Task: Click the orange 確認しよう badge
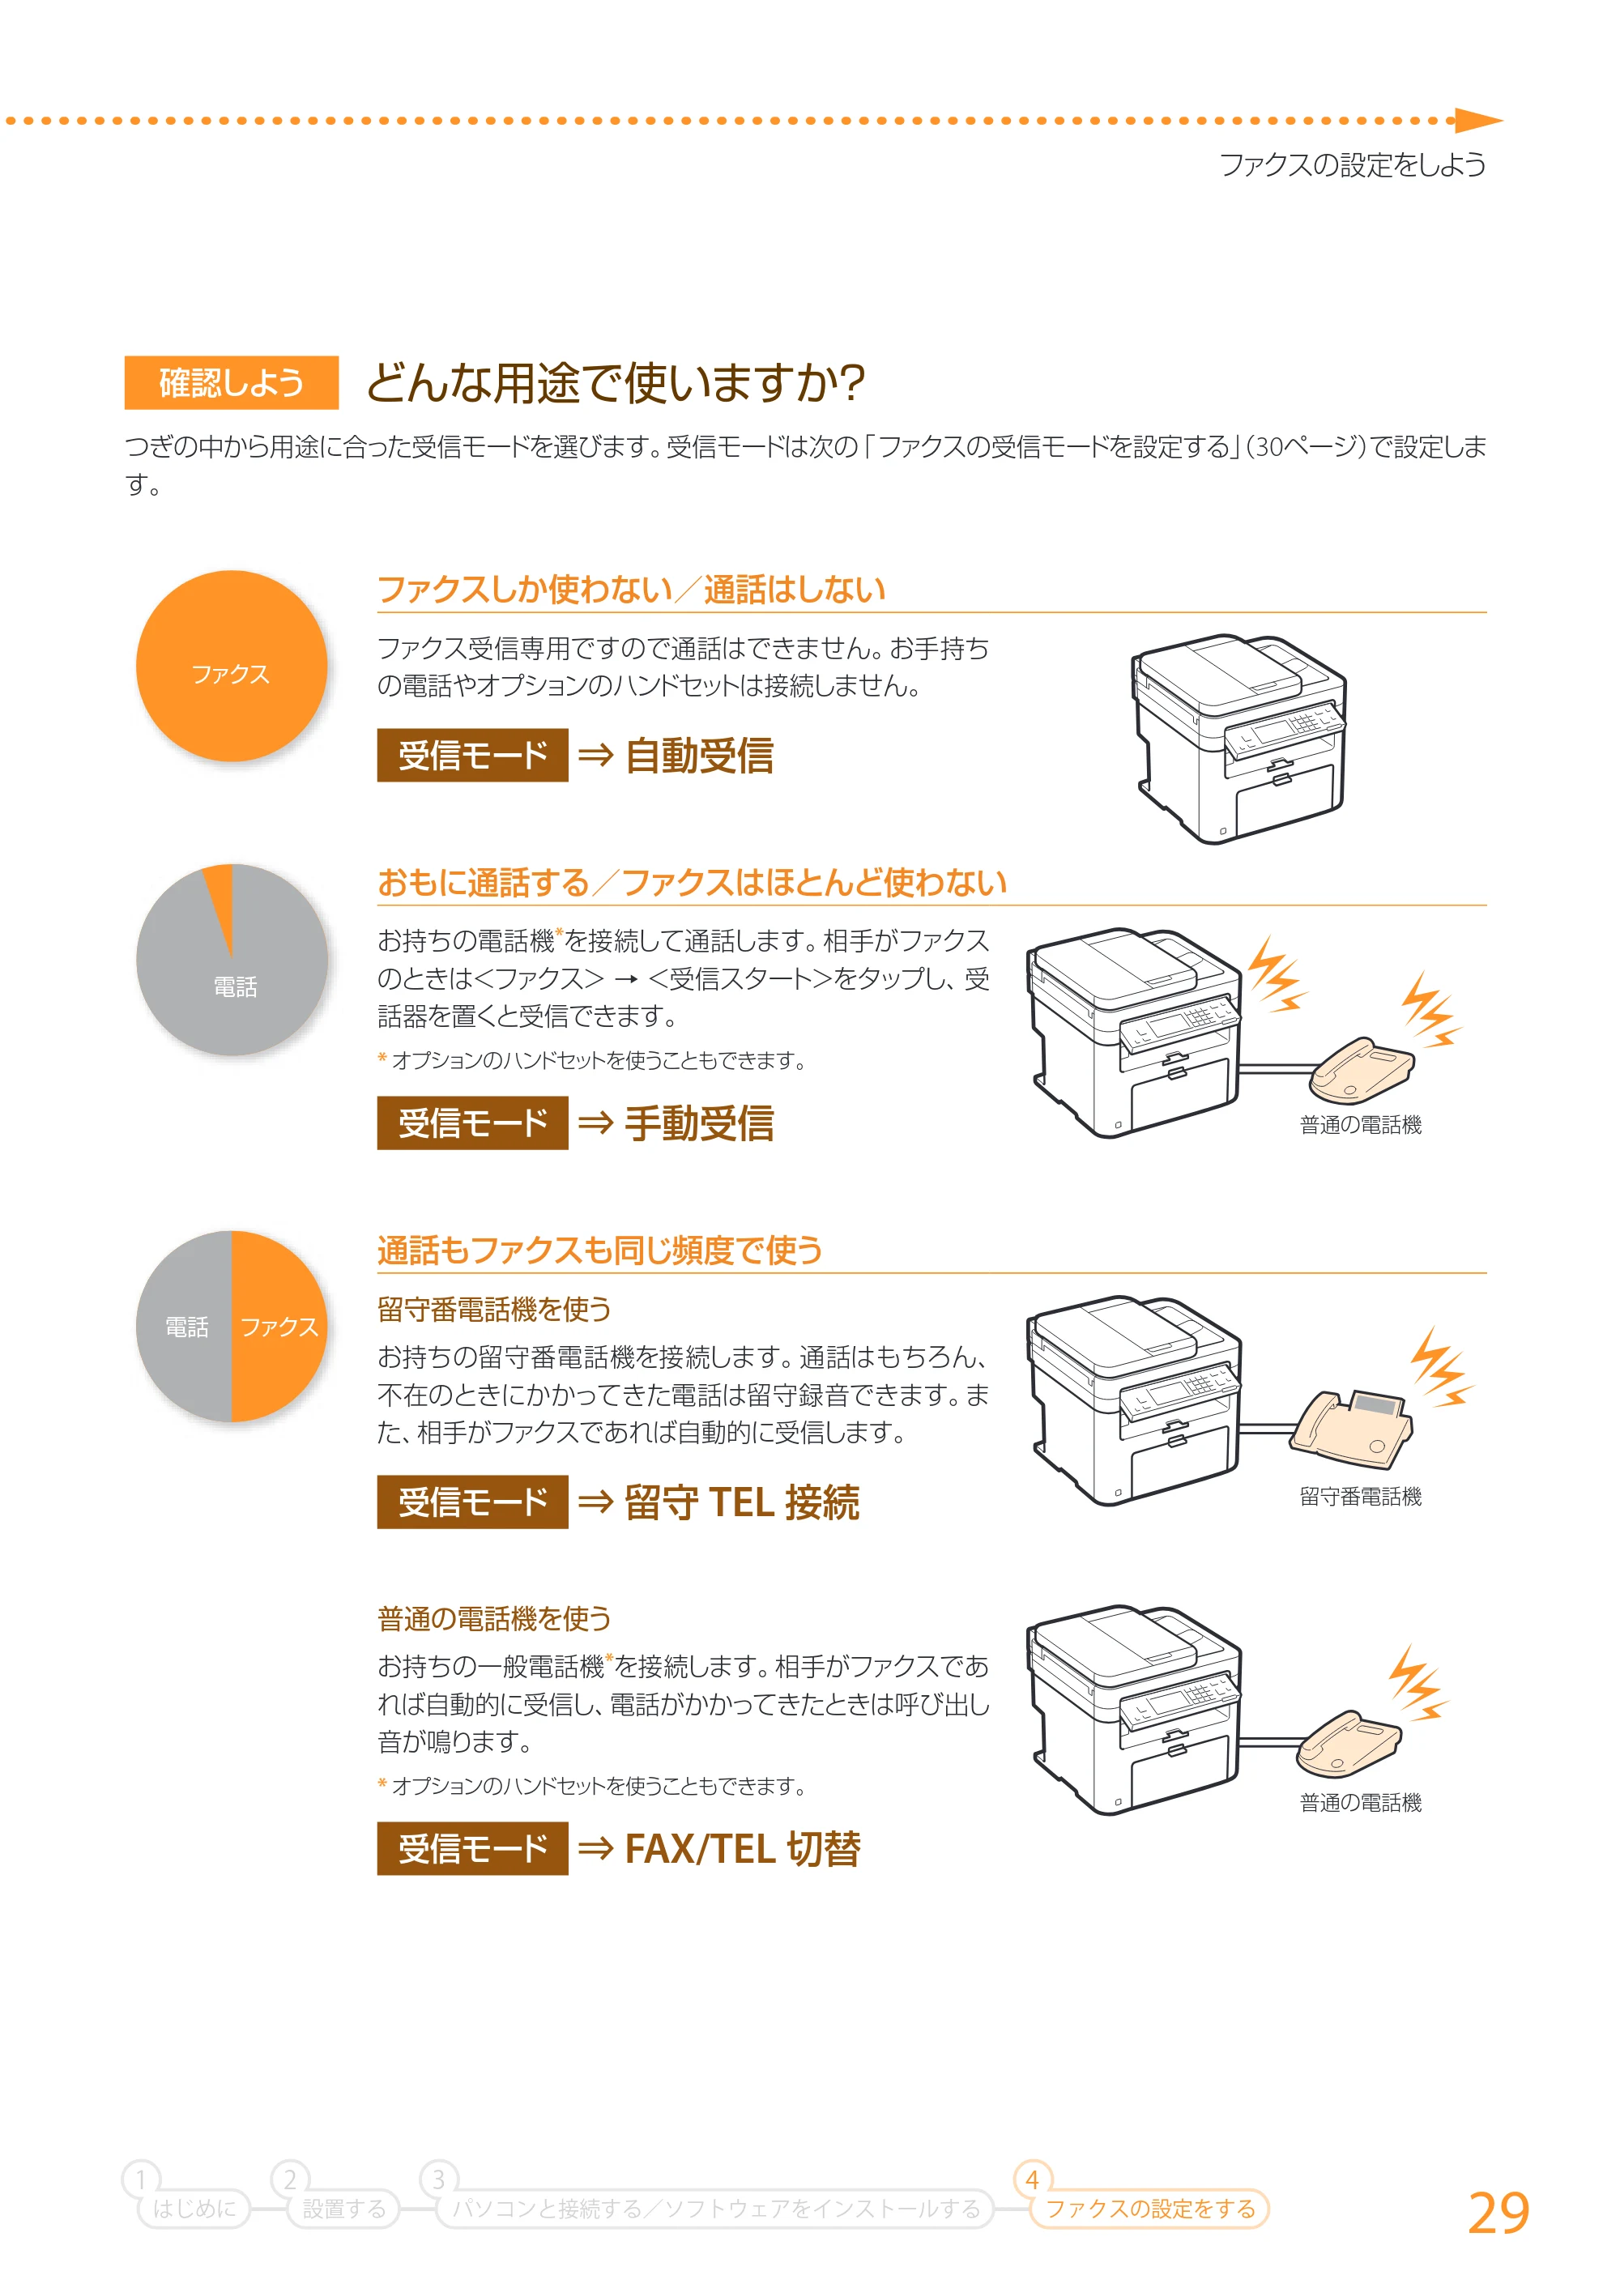[x=232, y=382]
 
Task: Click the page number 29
[x=1498, y=2213]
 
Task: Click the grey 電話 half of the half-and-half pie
[x=185, y=1327]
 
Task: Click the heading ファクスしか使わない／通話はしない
[x=632, y=590]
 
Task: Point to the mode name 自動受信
[x=699, y=755]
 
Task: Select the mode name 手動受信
[x=699, y=1123]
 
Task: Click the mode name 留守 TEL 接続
[x=742, y=1502]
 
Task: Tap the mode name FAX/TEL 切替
[x=742, y=1848]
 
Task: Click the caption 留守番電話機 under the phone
[x=1361, y=1496]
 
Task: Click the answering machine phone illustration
[x=1352, y=1428]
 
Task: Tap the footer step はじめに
[x=194, y=2208]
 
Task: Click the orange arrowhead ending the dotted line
[x=1478, y=121]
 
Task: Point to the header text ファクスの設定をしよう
[x=1353, y=164]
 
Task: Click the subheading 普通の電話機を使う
[x=494, y=1617]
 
